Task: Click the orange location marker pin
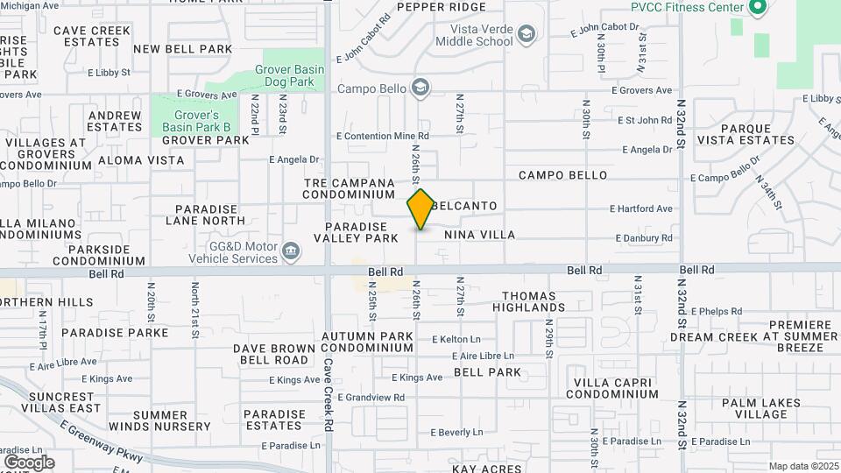pos(420,209)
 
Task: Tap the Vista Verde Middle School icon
pos(526,34)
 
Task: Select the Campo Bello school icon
pos(421,87)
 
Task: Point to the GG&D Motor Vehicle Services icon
pos(291,252)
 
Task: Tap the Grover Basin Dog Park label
pos(288,75)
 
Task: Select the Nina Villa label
pos(479,235)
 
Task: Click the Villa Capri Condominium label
pos(614,388)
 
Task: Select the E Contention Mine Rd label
pos(383,136)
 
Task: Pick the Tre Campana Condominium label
pos(350,188)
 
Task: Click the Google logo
pos(29,462)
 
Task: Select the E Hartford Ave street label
pos(641,208)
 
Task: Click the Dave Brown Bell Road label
pos(273,354)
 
